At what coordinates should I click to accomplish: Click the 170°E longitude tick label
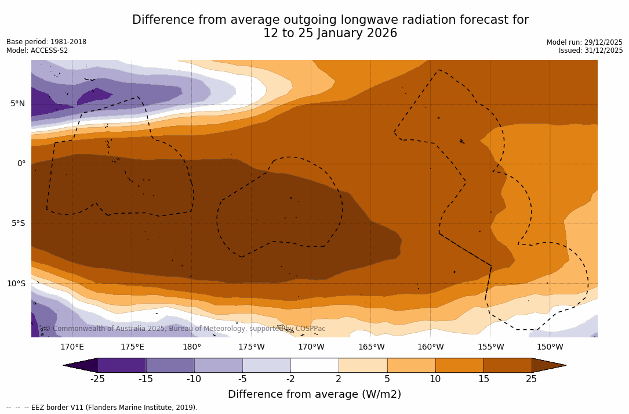click(72, 347)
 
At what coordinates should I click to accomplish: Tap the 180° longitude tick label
click(191, 347)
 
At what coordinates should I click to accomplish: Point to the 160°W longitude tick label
click(430, 347)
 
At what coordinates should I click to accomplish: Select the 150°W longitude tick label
click(550, 347)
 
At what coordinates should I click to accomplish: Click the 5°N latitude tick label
click(17, 104)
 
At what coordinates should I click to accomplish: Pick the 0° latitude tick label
click(21, 164)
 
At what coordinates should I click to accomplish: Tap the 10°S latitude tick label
click(16, 284)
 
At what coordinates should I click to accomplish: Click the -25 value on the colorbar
click(97, 379)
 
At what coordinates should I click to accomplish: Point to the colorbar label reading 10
click(435, 379)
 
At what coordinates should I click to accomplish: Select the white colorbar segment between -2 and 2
click(314, 365)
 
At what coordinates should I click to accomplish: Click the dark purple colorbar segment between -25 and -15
click(122, 365)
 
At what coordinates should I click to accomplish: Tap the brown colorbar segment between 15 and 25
click(507, 365)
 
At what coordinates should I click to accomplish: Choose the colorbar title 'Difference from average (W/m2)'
click(314, 394)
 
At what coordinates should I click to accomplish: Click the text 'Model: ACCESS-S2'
click(37, 51)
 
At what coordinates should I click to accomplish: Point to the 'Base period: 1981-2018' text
click(46, 42)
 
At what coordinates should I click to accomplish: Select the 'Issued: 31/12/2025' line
click(591, 51)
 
